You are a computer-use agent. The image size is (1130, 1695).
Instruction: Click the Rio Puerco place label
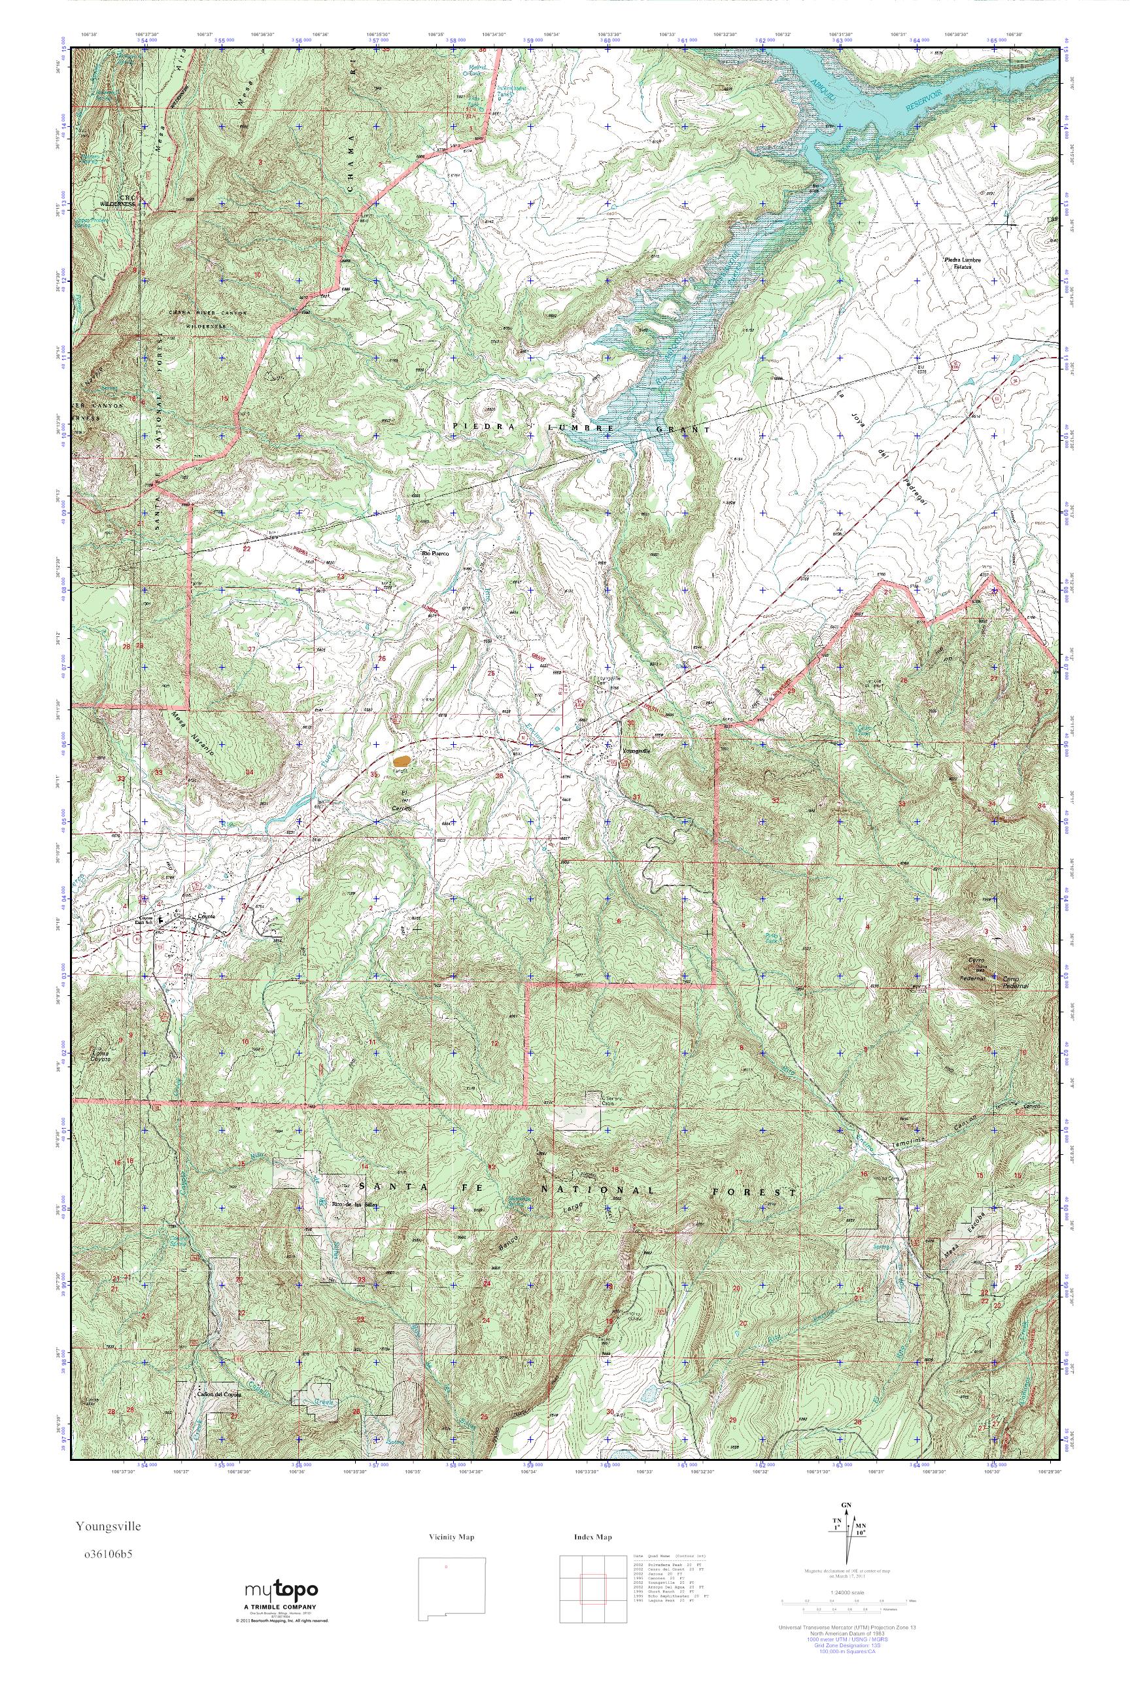click(x=436, y=553)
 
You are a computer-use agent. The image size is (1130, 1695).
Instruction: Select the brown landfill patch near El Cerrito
click(x=402, y=760)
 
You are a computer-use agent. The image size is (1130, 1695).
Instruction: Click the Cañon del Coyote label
click(x=218, y=1394)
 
